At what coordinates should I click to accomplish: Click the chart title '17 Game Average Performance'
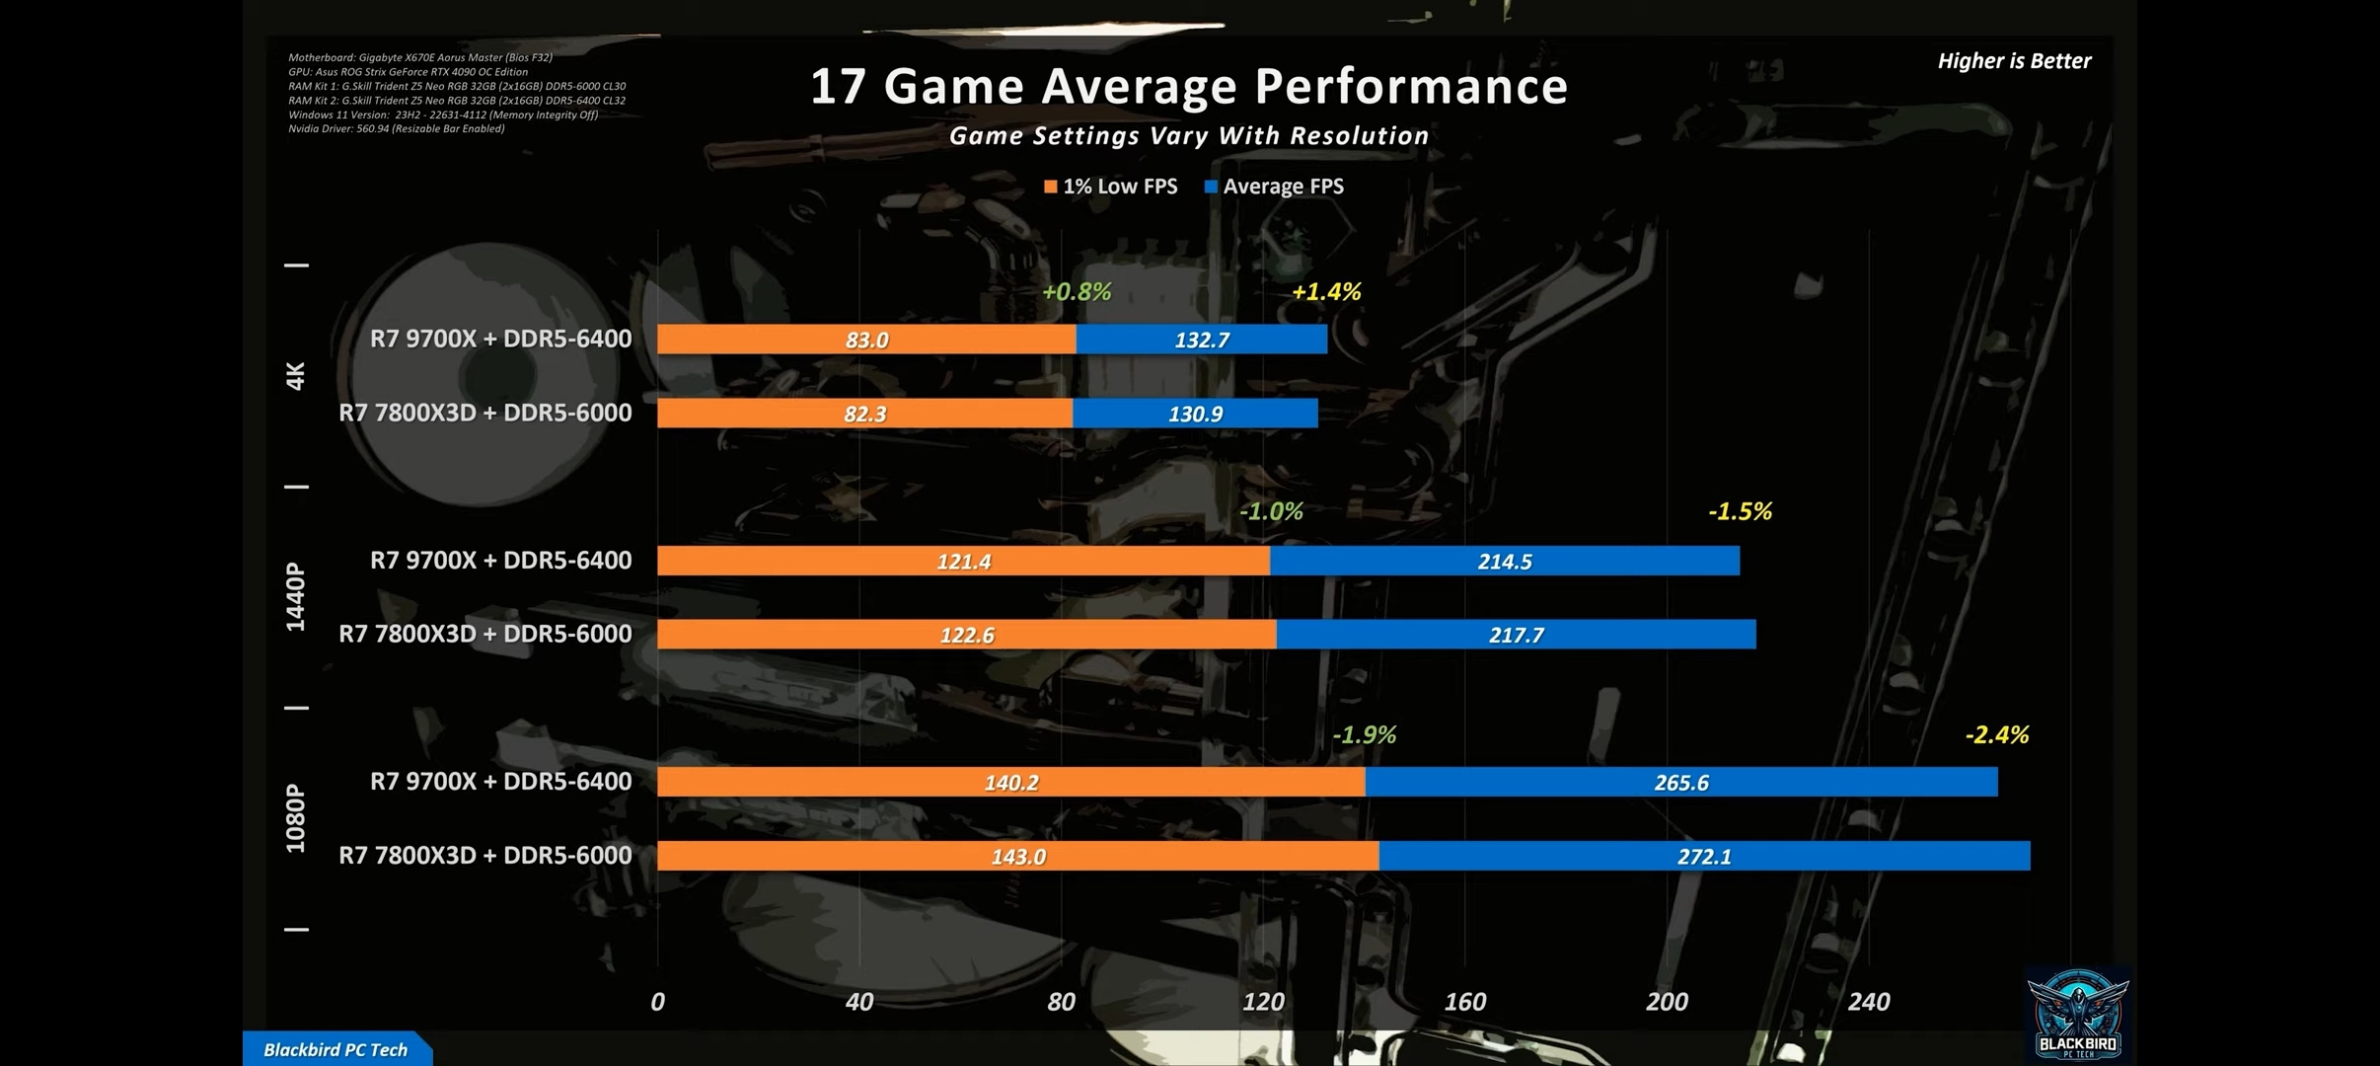click(x=1188, y=86)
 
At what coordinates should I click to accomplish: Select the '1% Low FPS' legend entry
click(x=1111, y=187)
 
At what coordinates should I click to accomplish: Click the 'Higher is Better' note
click(x=2013, y=61)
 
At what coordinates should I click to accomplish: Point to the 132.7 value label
click(x=1202, y=341)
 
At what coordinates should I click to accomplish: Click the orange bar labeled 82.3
click(x=864, y=414)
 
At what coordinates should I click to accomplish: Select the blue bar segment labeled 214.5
click(x=1504, y=562)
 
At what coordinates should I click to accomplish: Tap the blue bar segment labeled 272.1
click(x=1704, y=857)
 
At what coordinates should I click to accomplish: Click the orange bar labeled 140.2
click(x=1010, y=783)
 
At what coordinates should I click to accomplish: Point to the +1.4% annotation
click(x=1326, y=292)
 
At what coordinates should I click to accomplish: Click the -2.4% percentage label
click(x=1996, y=735)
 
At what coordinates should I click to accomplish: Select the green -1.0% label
click(x=1271, y=511)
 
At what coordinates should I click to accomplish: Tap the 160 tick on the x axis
click(x=1464, y=1002)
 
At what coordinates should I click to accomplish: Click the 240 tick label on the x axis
click(x=1868, y=1002)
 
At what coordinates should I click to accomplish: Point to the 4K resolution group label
click(x=295, y=376)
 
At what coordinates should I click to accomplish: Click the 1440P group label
click(x=295, y=596)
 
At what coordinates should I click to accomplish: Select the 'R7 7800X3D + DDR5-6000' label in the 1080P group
click(x=485, y=856)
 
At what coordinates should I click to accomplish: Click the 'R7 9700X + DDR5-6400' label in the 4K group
click(x=500, y=339)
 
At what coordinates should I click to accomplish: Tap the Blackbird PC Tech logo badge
click(x=2077, y=1015)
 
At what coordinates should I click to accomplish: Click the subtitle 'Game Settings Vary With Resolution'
click(x=1188, y=136)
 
